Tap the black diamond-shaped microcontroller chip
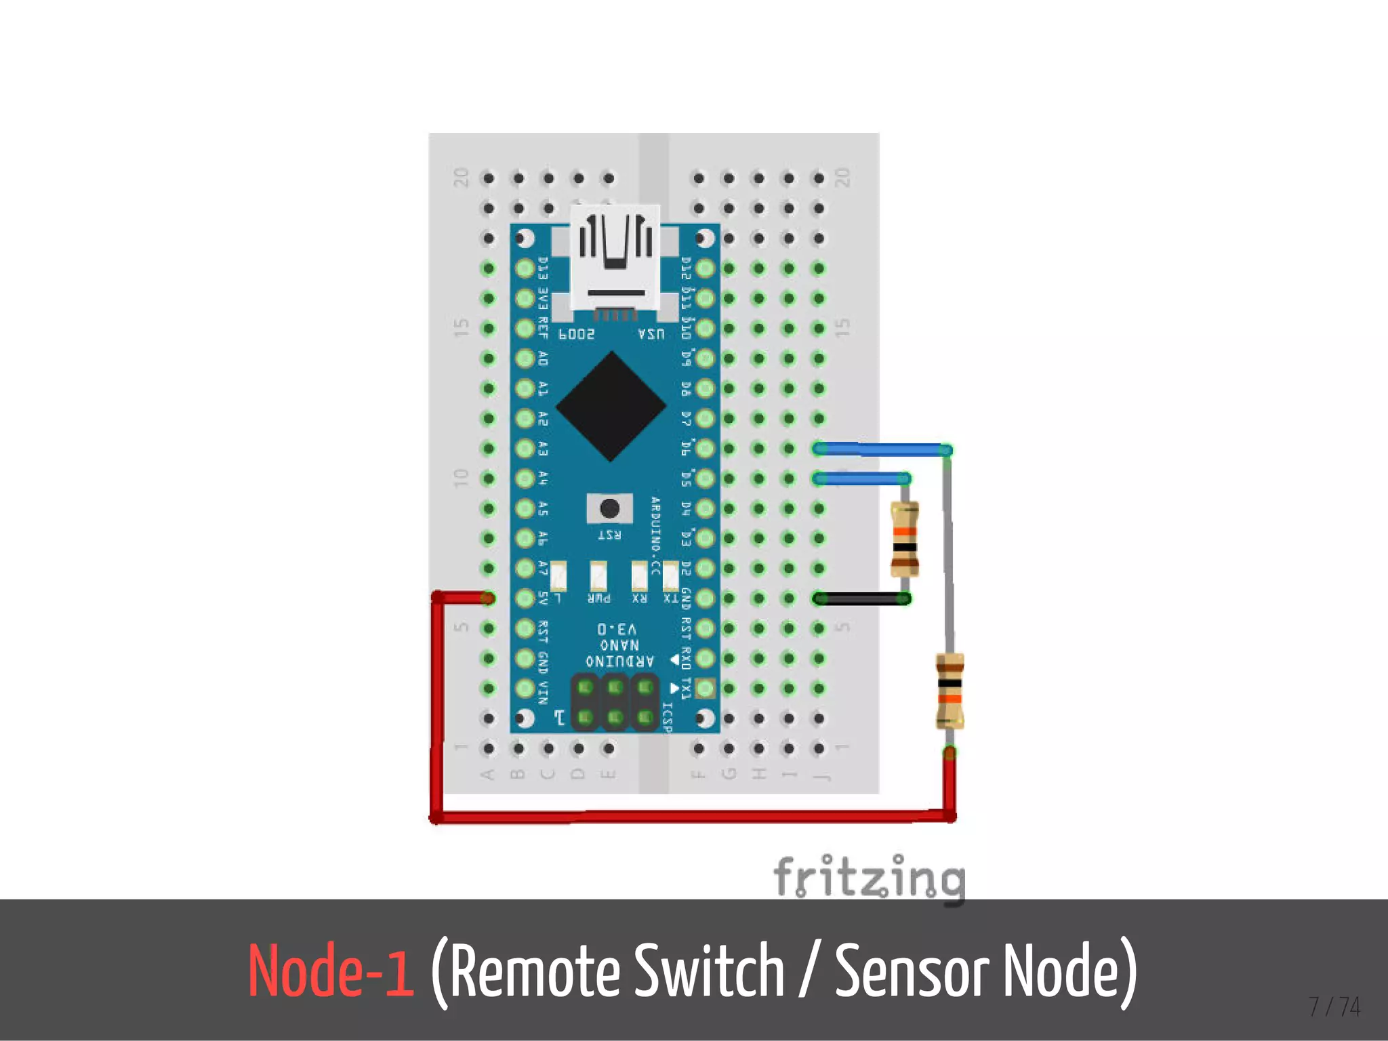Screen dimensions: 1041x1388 point(611,407)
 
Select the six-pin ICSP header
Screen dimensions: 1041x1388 point(615,702)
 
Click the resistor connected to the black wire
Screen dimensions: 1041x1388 point(905,539)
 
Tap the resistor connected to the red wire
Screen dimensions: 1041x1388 point(950,691)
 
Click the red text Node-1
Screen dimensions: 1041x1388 point(331,971)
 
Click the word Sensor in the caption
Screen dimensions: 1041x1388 point(912,971)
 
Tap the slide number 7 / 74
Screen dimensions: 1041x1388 point(1334,1006)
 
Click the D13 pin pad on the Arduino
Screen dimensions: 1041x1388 point(525,268)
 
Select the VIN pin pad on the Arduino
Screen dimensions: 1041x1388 point(525,689)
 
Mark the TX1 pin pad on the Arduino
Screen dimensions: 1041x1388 point(705,689)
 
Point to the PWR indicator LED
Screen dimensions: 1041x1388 point(598,577)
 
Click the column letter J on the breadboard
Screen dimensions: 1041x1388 point(820,775)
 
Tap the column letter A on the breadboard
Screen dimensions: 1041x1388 point(487,775)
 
